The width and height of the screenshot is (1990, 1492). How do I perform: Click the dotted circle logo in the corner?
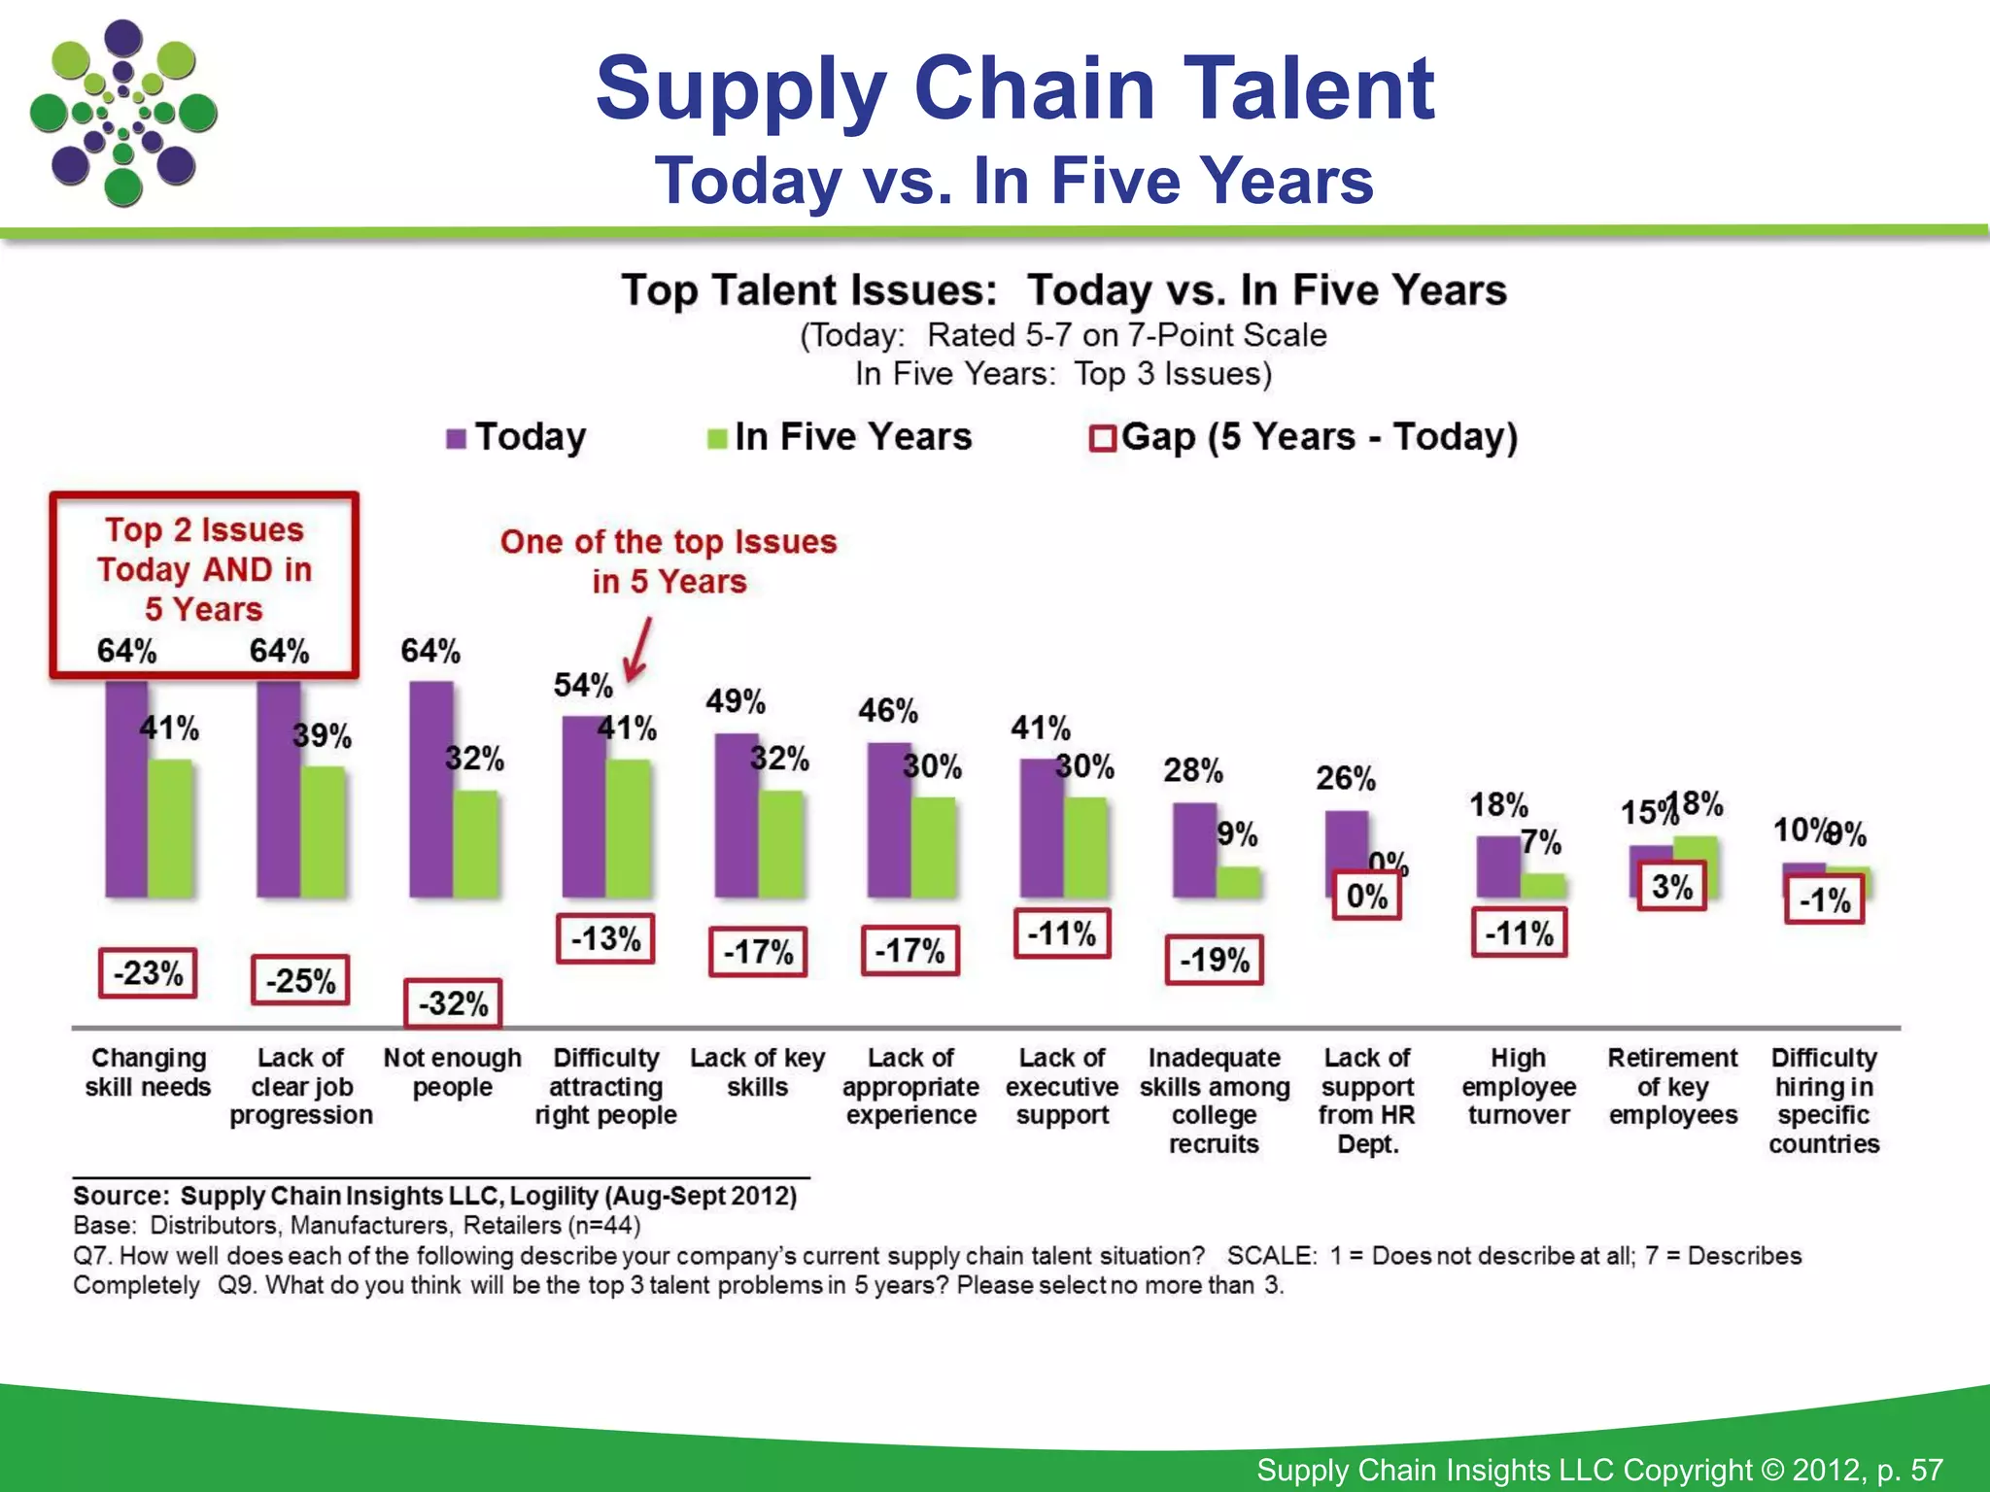[123, 114]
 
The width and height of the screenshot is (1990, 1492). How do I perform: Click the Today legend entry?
[517, 437]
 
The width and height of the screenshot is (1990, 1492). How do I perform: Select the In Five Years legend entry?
[840, 437]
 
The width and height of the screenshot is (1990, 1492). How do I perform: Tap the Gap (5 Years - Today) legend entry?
[1305, 437]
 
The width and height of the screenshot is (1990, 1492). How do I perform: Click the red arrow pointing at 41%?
[638, 652]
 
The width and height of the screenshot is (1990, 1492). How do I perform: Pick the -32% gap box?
[453, 1003]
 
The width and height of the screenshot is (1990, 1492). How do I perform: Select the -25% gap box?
[300, 980]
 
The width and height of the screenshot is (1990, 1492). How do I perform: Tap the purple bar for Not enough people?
[430, 789]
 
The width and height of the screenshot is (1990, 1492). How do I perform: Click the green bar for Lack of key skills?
[780, 843]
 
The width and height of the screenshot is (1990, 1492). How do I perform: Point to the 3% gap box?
[1671, 886]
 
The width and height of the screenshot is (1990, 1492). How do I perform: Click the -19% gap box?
[1215, 960]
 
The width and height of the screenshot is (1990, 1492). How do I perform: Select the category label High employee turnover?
[1519, 1086]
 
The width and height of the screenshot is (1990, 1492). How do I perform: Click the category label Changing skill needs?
[148, 1072]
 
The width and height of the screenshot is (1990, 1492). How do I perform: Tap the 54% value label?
[583, 686]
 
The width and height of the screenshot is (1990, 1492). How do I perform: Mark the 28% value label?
[1193, 771]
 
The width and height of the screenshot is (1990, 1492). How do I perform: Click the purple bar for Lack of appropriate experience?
[888, 820]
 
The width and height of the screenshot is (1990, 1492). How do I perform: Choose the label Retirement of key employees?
[1672, 1086]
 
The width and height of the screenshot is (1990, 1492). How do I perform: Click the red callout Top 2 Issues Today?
[204, 569]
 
